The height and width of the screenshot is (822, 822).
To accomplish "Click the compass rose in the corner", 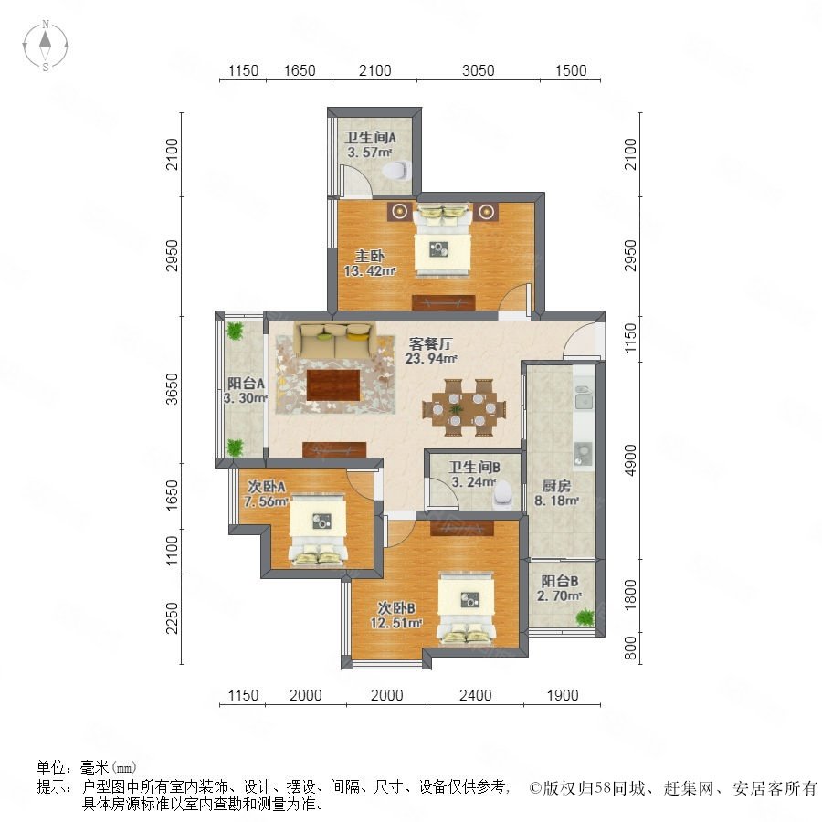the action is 46,46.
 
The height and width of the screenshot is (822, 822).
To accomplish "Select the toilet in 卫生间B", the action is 502,494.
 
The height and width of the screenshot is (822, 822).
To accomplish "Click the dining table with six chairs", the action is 464,408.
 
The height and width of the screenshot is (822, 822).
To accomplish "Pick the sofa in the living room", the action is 334,340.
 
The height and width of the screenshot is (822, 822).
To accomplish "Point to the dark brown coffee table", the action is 333,385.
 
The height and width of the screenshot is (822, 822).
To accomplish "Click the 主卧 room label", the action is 370,256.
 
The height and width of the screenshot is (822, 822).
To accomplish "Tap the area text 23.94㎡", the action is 431,359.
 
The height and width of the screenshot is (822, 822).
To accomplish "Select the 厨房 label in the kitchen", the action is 556,486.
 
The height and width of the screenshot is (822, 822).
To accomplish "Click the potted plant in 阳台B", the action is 585,617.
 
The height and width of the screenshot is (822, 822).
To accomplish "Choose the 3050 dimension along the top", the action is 478,70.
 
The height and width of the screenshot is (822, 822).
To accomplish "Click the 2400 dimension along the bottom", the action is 475,696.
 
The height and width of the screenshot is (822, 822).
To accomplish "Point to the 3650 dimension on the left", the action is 172,389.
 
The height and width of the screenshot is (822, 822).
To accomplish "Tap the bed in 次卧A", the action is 318,530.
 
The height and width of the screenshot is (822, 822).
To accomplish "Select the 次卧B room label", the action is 396,608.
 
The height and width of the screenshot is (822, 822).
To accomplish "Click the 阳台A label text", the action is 246,384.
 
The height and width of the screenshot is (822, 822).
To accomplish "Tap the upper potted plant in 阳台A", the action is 235,331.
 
